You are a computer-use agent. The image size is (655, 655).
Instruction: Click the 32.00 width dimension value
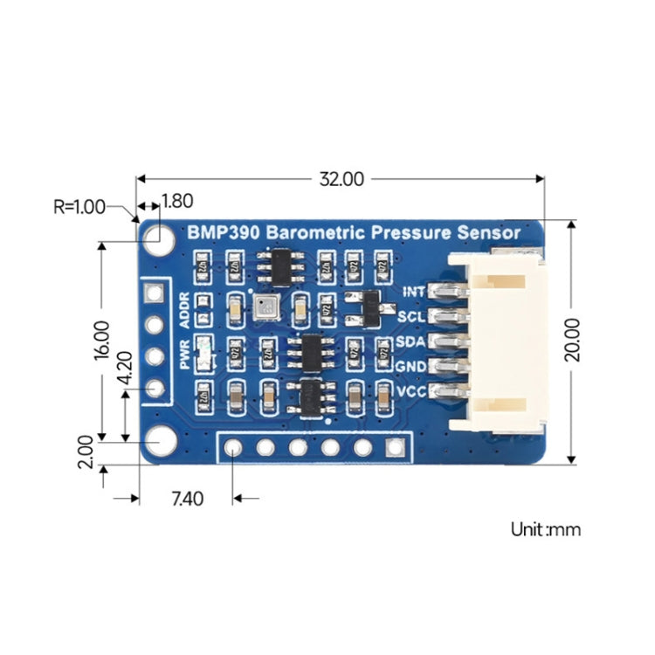tap(341, 179)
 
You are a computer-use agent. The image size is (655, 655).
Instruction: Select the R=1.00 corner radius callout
tap(79, 207)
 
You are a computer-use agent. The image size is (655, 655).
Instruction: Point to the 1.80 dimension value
tap(177, 201)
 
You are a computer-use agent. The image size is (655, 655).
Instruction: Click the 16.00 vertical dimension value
tap(101, 340)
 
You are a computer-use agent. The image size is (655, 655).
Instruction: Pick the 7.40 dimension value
tap(187, 499)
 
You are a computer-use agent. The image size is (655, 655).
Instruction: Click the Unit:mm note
tap(545, 528)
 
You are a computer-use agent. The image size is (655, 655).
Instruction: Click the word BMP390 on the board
tap(224, 233)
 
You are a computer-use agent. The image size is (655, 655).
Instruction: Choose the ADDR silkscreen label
tap(183, 310)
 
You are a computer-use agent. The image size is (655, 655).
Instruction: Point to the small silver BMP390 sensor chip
tap(265, 305)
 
